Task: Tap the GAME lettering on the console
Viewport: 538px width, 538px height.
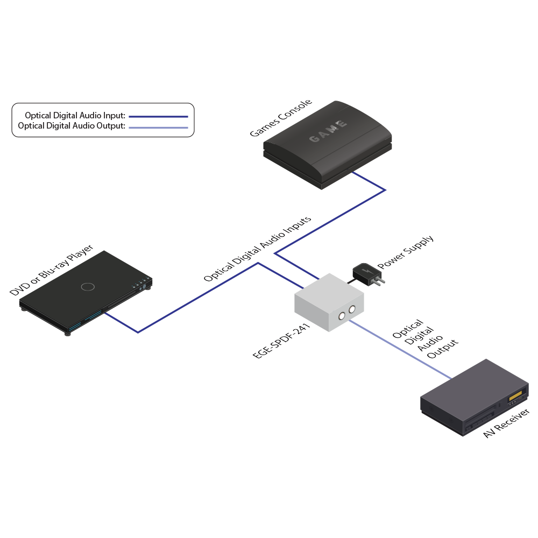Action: click(x=328, y=132)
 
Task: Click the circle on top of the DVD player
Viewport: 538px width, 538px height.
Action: click(x=88, y=286)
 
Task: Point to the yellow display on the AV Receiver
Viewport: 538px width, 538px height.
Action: click(x=515, y=397)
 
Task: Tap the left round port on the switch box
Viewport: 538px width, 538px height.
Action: click(x=342, y=316)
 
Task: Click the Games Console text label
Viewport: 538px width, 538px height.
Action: click(x=281, y=118)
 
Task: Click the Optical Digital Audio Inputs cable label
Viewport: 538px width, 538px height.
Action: click(x=258, y=250)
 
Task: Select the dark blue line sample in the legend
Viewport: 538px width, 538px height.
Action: click(x=158, y=116)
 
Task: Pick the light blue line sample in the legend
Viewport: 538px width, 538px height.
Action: click(x=158, y=128)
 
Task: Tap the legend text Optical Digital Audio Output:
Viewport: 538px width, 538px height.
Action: click(x=72, y=126)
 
